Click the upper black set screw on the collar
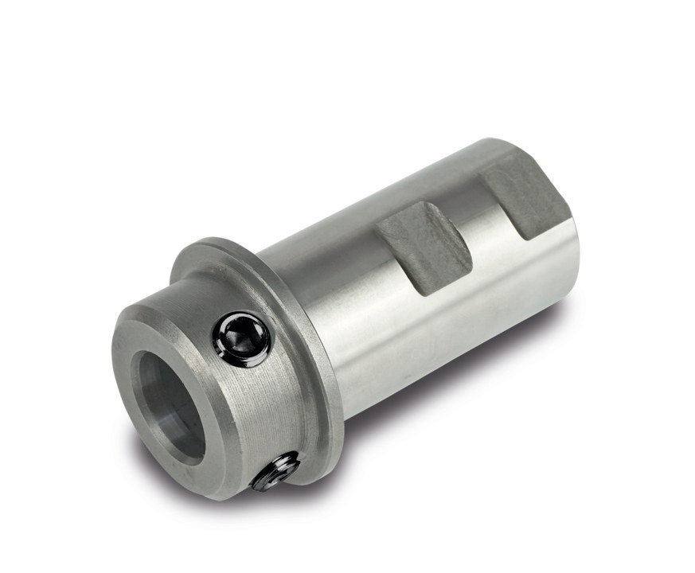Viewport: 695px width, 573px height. point(241,339)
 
